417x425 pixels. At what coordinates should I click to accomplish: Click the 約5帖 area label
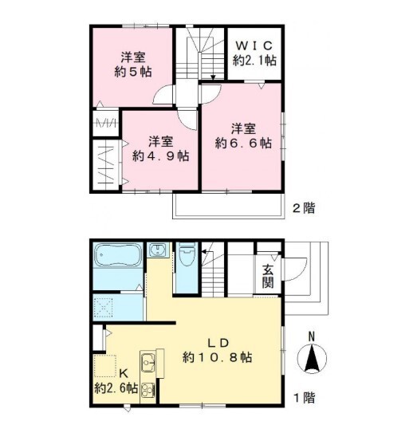coord(132,72)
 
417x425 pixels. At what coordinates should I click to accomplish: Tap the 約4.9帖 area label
coord(161,156)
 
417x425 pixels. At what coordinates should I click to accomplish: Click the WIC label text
coord(254,45)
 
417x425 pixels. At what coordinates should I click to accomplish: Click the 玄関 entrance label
coord(267,275)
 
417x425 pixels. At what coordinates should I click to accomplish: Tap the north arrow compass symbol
coord(311,360)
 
